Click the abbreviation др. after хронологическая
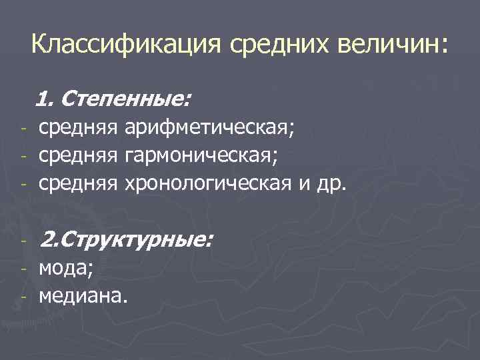point(331,182)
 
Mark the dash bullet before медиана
point(23,296)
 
